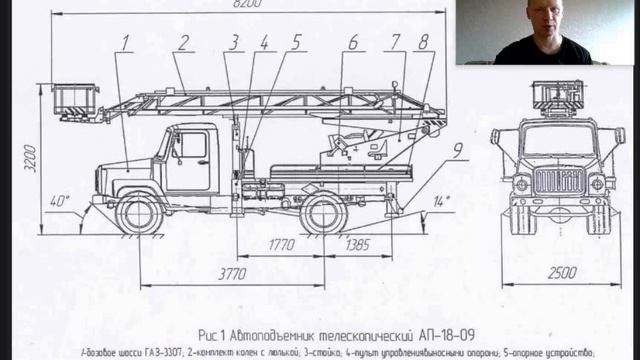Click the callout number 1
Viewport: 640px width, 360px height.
click(x=127, y=43)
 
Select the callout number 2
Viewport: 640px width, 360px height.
click(x=184, y=43)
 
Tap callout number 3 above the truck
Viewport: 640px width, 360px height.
click(x=234, y=43)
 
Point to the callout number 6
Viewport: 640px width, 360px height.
click(x=354, y=43)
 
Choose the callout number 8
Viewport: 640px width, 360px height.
click(x=424, y=43)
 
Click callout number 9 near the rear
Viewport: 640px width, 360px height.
click(x=457, y=152)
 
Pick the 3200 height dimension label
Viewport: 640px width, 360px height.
click(x=30, y=157)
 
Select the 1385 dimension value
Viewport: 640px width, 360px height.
click(x=355, y=243)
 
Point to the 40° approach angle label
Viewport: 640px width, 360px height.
click(x=60, y=201)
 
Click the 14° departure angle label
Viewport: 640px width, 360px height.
click(x=441, y=201)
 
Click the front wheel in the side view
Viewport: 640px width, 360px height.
click(x=139, y=213)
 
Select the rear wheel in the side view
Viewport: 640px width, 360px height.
click(x=324, y=213)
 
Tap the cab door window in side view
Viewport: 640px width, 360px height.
click(x=191, y=146)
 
